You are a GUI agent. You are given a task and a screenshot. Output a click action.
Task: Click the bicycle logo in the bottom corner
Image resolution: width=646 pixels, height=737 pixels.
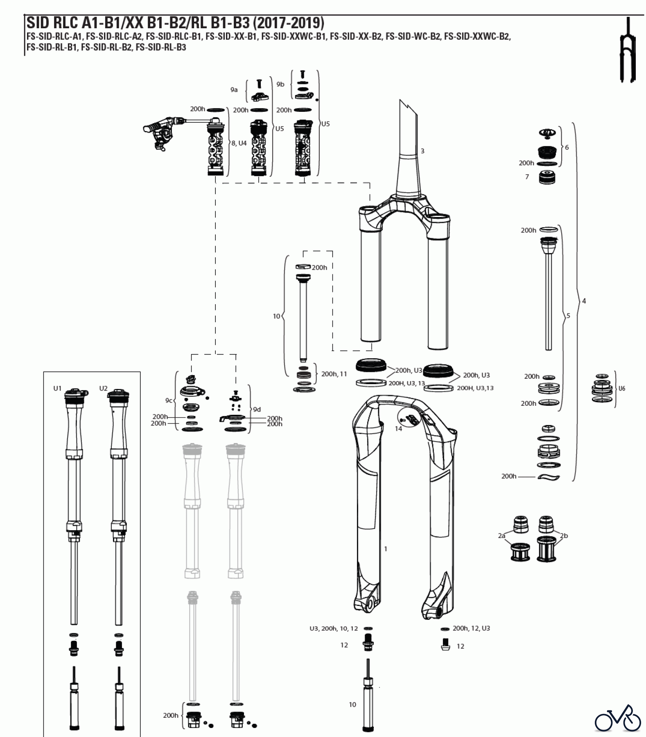(x=618, y=717)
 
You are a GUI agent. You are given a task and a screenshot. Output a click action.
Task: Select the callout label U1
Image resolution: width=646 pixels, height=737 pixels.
(x=57, y=388)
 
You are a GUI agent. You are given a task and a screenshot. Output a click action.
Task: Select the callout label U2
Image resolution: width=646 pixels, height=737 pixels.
(x=103, y=388)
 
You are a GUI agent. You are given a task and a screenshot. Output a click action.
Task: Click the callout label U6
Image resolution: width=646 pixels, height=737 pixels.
(x=622, y=388)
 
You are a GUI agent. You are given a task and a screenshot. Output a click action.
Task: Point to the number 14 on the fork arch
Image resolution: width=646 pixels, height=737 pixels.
(x=398, y=428)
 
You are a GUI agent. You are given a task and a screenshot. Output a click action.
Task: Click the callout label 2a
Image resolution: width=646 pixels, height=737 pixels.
(x=502, y=536)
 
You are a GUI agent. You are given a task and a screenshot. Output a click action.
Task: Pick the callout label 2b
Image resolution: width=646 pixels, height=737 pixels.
(x=564, y=536)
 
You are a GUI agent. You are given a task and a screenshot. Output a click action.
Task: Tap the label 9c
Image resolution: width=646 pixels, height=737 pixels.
(x=169, y=400)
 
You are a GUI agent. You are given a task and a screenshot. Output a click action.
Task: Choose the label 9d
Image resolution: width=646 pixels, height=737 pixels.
(x=257, y=409)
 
